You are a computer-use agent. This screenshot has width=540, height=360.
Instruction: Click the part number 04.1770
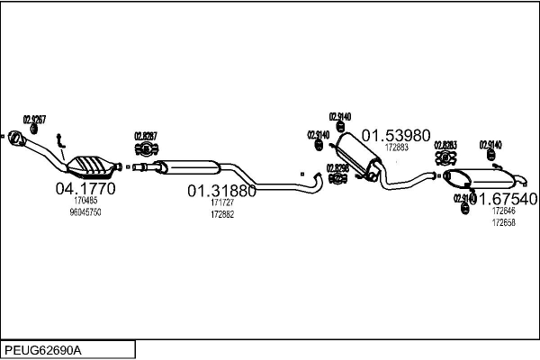(x=85, y=189)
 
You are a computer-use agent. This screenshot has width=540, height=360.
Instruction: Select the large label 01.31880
(x=221, y=191)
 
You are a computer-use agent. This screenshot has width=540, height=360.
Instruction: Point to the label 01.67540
(x=503, y=198)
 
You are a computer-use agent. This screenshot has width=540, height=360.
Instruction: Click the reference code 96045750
(x=85, y=212)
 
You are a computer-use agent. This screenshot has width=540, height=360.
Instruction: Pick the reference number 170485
(x=85, y=202)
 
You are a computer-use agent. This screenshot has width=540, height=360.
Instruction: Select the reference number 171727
(x=221, y=204)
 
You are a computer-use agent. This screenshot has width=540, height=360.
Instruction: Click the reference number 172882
(x=221, y=214)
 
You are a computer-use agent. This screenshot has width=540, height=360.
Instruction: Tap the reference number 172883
(x=396, y=148)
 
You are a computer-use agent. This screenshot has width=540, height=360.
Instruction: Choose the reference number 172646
(x=503, y=211)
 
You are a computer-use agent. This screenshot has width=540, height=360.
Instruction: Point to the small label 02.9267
(x=34, y=120)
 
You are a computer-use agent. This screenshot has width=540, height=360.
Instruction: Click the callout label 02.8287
(x=146, y=136)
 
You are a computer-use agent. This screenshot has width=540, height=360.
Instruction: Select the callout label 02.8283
(x=445, y=144)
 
